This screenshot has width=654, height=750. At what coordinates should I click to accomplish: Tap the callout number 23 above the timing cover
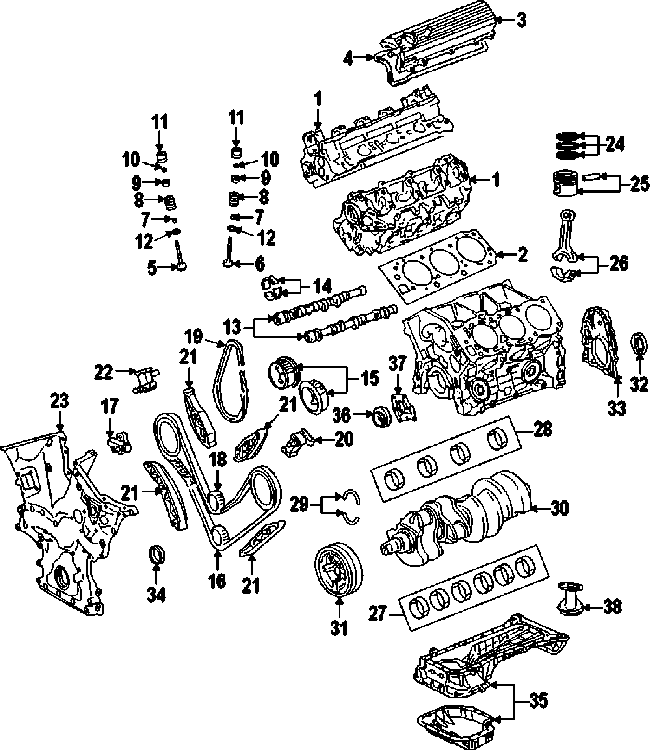tap(60, 401)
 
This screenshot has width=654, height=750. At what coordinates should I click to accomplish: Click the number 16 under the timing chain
tap(217, 580)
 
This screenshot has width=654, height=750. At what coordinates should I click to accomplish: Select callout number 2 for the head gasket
tap(522, 254)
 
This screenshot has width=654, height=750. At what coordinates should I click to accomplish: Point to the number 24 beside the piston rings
tap(615, 144)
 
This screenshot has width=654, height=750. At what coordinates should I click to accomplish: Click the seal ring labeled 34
tap(157, 555)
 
